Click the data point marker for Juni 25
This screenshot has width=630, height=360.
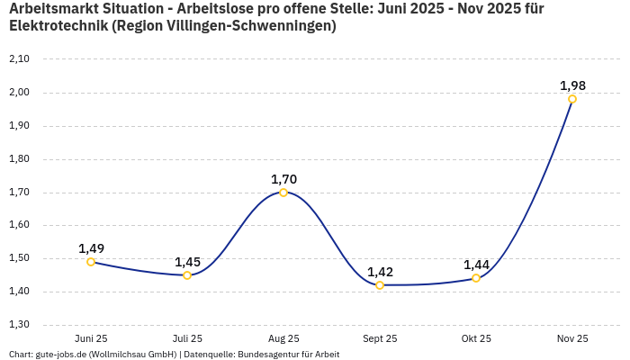pyautogui.click(x=91, y=262)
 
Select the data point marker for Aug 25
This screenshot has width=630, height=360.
pyautogui.click(x=283, y=193)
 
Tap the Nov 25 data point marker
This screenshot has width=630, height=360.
pyautogui.click(x=572, y=99)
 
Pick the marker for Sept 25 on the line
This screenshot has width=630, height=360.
pyautogui.click(x=380, y=285)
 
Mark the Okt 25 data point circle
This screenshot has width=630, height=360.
pyautogui.click(x=476, y=278)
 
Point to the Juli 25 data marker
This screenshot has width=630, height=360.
pyautogui.click(x=187, y=275)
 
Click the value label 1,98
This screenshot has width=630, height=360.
pyautogui.click(x=572, y=85)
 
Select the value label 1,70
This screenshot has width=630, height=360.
pyautogui.click(x=283, y=179)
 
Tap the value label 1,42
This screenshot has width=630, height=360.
pyautogui.click(x=380, y=272)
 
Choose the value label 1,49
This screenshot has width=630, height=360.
pyautogui.click(x=91, y=248)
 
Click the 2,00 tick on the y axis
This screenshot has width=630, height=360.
pyautogui.click(x=19, y=93)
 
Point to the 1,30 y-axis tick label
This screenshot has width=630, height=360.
pyautogui.click(x=19, y=325)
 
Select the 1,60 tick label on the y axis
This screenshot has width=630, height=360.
pyautogui.click(x=19, y=226)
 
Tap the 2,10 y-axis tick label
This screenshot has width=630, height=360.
pyautogui.click(x=19, y=59)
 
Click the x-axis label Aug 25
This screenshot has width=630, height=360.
pyautogui.click(x=283, y=338)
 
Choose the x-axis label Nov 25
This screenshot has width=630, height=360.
pyautogui.click(x=572, y=338)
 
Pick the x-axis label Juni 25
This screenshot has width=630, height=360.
pyautogui.click(x=91, y=338)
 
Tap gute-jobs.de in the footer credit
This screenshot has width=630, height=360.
pyautogui.click(x=60, y=354)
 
